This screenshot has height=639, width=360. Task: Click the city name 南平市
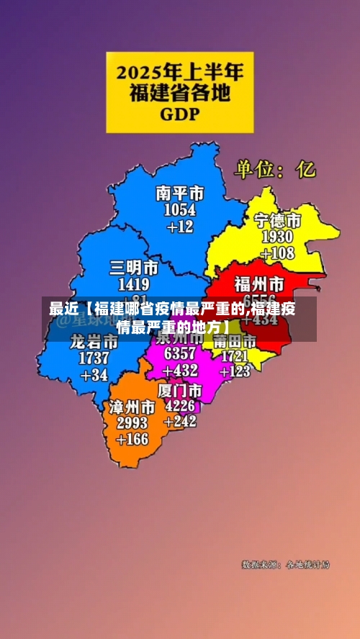(x=180, y=193)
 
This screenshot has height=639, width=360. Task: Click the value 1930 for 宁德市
(x=277, y=237)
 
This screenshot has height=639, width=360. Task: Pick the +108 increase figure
(x=277, y=253)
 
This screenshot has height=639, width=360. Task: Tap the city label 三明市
(x=134, y=268)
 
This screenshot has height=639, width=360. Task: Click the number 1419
(x=134, y=284)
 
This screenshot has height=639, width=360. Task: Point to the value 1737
(x=94, y=358)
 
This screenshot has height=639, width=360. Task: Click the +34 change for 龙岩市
(x=94, y=374)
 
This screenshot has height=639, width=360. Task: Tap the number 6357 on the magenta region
(x=180, y=354)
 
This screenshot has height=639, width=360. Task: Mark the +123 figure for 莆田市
(x=235, y=371)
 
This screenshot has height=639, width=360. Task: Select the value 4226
(x=180, y=405)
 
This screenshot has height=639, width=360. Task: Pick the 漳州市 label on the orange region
(x=132, y=407)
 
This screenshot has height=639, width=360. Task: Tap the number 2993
(x=132, y=422)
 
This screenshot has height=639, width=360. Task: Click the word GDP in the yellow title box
(x=179, y=114)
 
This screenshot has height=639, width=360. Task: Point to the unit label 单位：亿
(x=274, y=170)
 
